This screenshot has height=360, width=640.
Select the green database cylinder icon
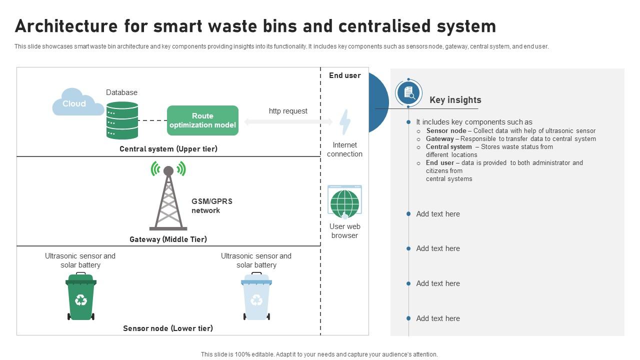[122, 120]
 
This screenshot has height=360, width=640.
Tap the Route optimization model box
[202, 120]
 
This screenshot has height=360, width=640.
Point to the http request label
[288, 111]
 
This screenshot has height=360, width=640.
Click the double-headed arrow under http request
[288, 122]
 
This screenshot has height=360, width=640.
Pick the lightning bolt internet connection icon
[345, 122]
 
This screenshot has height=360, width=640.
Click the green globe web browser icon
[344, 202]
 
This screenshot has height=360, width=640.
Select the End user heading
[344, 75]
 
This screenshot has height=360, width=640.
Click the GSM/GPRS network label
[211, 206]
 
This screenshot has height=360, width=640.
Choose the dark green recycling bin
[81, 296]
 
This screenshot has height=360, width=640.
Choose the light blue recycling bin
[256, 296]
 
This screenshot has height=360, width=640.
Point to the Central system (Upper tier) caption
[168, 149]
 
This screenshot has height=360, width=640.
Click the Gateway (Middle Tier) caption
[168, 239]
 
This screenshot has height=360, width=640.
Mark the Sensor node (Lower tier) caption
[168, 328]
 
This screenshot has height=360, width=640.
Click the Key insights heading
[455, 100]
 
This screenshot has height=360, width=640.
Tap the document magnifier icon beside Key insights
[408, 93]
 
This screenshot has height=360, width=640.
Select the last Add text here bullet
[437, 318]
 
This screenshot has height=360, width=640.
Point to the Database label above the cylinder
[121, 92]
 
